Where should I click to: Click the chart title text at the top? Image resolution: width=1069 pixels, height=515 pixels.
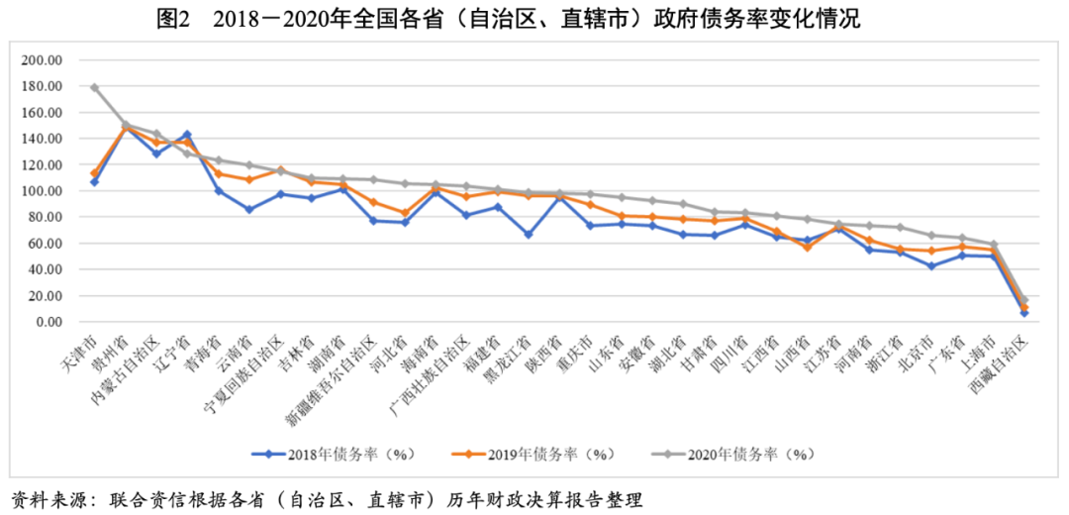[534, 19]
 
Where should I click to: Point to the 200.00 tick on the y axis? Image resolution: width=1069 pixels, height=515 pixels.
[43, 60]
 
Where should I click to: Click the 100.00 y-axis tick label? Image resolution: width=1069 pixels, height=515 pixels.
[43, 191]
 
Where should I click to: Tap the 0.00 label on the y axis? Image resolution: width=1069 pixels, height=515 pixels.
[49, 322]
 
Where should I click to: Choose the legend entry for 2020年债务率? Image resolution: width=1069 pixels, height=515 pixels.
[737, 455]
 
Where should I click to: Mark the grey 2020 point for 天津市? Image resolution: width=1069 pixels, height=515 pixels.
[94, 87]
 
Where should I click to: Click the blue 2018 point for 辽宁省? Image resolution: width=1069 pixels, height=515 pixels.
[187, 135]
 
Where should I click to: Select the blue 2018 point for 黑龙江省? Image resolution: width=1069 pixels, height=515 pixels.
[530, 235]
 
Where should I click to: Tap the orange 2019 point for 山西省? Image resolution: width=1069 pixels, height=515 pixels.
[808, 247]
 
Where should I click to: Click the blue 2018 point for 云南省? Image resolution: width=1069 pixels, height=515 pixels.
[249, 209]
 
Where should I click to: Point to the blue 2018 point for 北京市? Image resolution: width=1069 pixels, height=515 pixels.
[931, 266]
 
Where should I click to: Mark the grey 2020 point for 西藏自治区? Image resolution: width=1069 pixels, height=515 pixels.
[1025, 300]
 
